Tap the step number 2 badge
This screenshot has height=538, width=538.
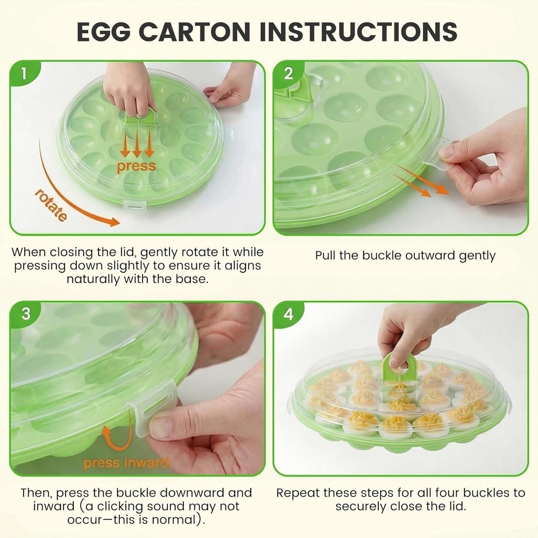tap(289, 74)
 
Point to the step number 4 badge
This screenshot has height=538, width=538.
tap(289, 314)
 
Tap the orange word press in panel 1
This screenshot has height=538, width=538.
tap(136, 166)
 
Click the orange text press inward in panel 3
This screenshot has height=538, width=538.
tap(125, 462)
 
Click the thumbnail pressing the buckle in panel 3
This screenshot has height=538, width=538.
tap(160, 428)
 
